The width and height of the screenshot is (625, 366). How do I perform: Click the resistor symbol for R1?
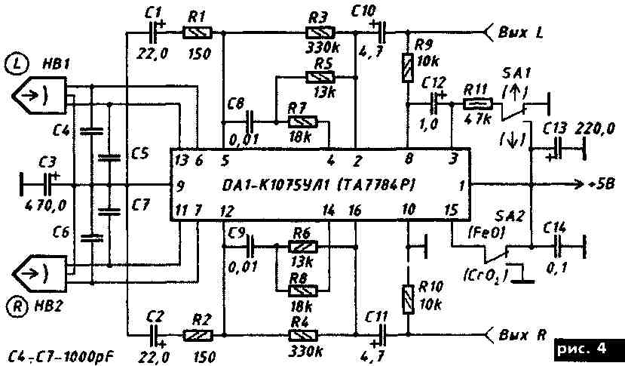pyautogui.click(x=199, y=32)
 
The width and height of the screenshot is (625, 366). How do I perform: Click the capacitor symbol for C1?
pyautogui.click(x=158, y=32)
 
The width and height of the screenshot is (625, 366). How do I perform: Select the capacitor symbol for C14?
pyautogui.click(x=559, y=247)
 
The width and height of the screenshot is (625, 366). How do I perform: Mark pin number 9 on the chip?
pyautogui.click(x=181, y=183)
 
